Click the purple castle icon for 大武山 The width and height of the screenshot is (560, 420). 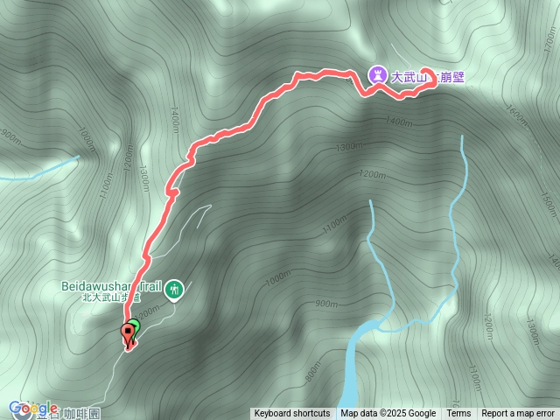377,76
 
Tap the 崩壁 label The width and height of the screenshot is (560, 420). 452,77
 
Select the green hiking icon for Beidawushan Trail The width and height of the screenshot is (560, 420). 175,289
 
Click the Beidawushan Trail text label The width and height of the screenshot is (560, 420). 113,285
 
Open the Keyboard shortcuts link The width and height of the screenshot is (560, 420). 292,414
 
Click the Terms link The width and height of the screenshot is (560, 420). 458,414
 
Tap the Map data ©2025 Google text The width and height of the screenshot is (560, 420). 388,414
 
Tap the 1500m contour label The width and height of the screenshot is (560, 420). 548,206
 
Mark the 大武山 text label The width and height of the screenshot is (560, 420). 409,77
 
